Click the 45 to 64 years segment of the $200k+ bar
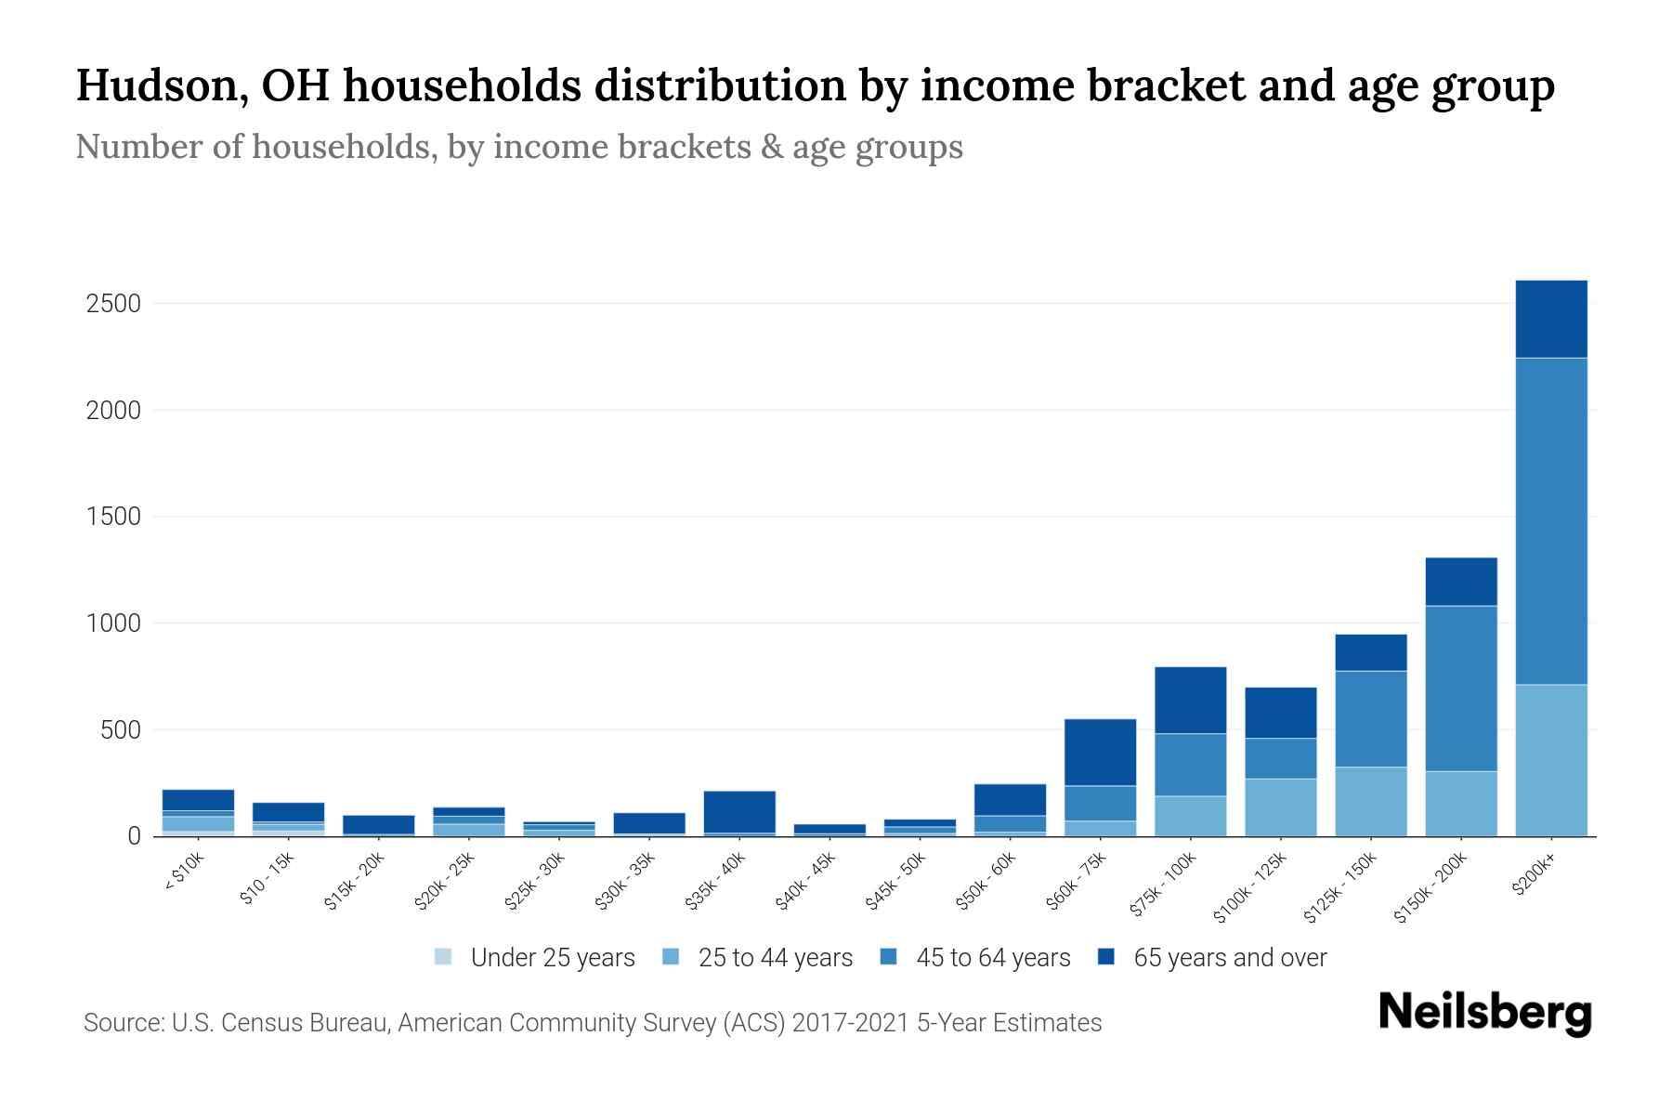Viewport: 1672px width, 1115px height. [x=1550, y=520]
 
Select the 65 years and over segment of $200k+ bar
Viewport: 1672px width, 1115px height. [x=1550, y=319]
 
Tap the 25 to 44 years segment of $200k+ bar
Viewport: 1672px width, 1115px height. [x=1550, y=760]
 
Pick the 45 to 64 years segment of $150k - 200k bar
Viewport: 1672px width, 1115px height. [x=1460, y=688]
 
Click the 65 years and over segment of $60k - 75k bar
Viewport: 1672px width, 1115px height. [x=1100, y=752]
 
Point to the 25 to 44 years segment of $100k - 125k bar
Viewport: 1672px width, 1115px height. [x=1280, y=807]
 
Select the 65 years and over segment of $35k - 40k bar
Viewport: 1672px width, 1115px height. [x=739, y=811]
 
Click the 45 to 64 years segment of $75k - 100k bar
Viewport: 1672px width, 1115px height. [x=1190, y=764]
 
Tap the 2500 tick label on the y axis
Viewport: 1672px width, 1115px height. [x=113, y=304]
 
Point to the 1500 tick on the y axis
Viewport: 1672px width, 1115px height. [x=113, y=517]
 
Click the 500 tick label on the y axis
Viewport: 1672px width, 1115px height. [x=121, y=730]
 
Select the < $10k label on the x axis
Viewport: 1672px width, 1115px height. [x=184, y=873]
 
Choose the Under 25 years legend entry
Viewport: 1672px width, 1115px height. [x=552, y=958]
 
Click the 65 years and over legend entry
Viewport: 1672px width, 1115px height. [x=1229, y=958]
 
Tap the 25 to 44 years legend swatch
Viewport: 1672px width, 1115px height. [x=671, y=957]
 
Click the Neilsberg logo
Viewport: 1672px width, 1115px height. [x=1484, y=1013]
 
